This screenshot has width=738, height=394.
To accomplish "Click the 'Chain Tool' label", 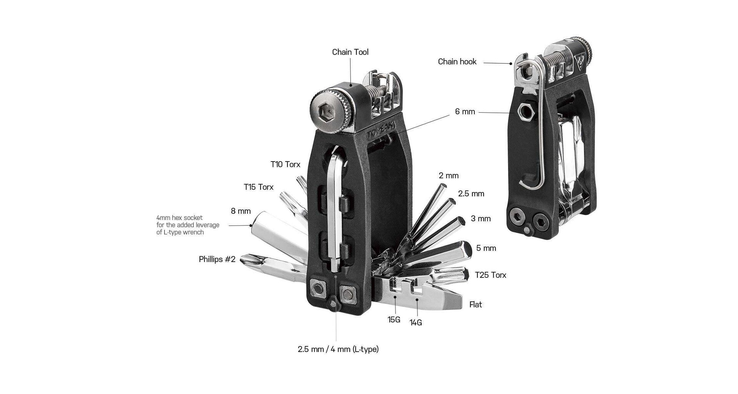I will (x=350, y=52).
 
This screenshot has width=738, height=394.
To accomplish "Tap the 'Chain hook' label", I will (x=457, y=62).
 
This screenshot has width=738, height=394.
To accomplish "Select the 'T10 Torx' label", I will (x=285, y=164).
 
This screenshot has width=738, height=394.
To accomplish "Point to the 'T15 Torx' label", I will (x=258, y=187).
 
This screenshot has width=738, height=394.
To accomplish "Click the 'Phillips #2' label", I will (x=217, y=259).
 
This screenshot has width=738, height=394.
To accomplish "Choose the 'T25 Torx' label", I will (x=490, y=275).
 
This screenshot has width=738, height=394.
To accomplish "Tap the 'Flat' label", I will (x=475, y=305).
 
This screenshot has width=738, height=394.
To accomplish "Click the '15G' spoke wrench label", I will (x=394, y=319).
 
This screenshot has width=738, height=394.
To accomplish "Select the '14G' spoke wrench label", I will (x=416, y=323).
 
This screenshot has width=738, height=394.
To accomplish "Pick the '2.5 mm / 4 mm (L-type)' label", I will (x=338, y=349).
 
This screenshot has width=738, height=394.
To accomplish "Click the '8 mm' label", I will (x=241, y=211).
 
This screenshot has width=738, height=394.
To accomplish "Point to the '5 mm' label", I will (x=486, y=248).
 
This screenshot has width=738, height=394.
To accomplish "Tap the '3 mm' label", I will (x=480, y=219).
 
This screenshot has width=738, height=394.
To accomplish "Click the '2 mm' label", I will (x=449, y=176).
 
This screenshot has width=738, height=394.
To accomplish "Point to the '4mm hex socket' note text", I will (x=188, y=225).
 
